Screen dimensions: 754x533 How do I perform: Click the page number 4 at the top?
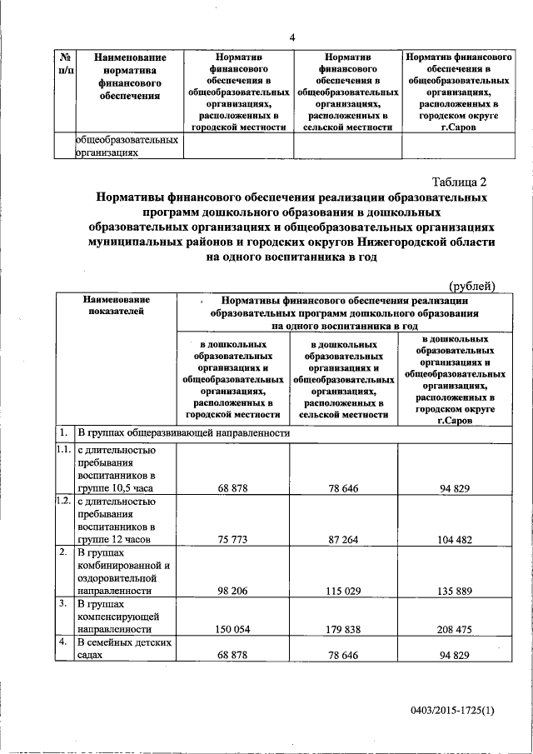tap(292, 37)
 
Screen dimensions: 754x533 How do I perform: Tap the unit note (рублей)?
tap(473, 286)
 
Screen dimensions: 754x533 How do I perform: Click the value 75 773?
tap(234, 539)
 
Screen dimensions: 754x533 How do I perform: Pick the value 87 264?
tap(344, 539)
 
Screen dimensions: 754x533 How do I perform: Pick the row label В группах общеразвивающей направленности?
tap(183, 433)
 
